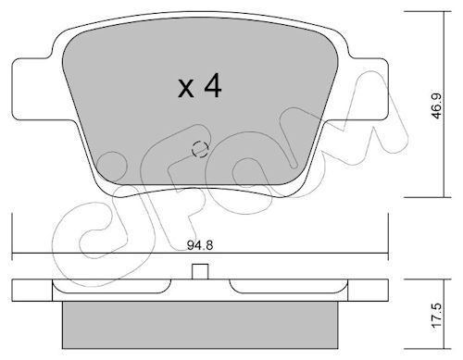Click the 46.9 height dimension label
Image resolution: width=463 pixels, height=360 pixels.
437,106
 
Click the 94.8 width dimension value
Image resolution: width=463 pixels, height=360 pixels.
200,245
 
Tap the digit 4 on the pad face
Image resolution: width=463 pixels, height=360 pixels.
213,85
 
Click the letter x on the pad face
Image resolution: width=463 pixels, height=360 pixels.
186,89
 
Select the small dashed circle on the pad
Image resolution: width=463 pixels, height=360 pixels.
200,149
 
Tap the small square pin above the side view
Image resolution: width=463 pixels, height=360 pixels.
200,271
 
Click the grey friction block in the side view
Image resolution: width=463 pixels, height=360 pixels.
200,325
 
